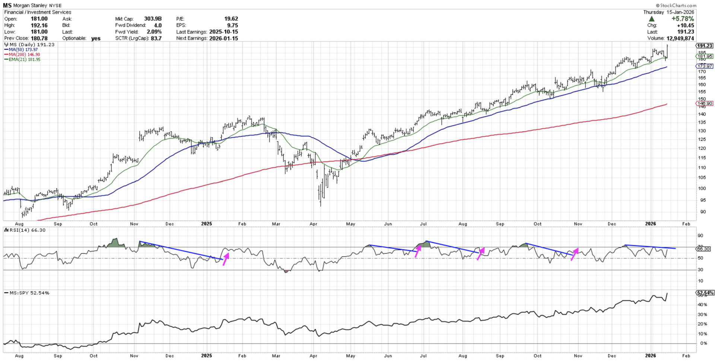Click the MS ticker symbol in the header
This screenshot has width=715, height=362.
point(7,5)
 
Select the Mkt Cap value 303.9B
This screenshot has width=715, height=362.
point(153,19)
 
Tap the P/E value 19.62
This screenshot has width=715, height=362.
point(231,19)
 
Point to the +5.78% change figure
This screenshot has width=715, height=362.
point(683,19)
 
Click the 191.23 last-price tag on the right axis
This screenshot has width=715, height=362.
point(704,46)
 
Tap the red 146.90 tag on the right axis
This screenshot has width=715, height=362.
point(704,103)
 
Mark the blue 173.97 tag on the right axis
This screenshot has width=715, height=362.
point(704,66)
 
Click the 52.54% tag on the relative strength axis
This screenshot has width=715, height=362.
point(704,293)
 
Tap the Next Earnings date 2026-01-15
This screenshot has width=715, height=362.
point(223,38)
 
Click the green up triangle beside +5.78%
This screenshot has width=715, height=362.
point(651,19)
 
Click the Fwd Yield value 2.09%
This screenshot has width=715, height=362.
point(154,32)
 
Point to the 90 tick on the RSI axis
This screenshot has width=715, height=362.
point(700,236)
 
